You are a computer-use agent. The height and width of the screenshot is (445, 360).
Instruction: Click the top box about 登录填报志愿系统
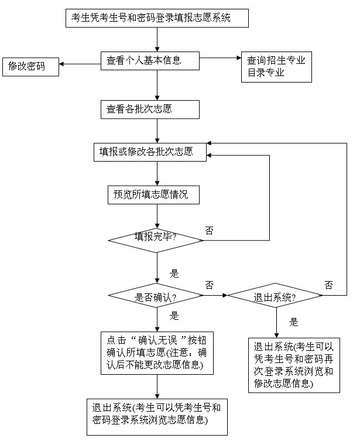[157, 18]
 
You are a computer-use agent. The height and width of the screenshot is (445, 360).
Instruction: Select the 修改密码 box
[31, 67]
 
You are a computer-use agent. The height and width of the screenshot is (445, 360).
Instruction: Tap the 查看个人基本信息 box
[150, 60]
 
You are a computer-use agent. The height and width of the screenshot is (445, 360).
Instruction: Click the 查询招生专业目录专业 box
[276, 66]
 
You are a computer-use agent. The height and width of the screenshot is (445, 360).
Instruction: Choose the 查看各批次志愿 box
[150, 109]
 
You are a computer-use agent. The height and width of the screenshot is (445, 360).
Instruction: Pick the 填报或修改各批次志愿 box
[150, 152]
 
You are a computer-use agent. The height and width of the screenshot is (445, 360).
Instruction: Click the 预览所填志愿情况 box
[153, 195]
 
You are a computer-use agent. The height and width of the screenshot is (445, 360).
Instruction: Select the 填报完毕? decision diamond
[156, 238]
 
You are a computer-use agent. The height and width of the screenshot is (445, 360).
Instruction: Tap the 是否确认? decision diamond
[156, 297]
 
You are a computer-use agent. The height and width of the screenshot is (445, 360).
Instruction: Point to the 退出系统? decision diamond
[275, 297]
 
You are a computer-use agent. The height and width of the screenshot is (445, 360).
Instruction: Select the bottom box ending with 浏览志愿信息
[156, 415]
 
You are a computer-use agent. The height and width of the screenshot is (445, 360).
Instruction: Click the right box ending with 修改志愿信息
[293, 364]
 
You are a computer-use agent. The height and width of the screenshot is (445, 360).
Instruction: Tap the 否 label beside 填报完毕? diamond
[209, 230]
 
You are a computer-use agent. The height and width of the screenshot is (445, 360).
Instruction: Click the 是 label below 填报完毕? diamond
[174, 273]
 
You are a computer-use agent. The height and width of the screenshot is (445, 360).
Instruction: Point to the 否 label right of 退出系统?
[328, 285]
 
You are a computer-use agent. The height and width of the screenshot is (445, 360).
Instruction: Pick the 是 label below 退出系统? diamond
[294, 321]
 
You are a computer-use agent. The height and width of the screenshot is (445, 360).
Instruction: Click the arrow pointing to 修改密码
[80, 64]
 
